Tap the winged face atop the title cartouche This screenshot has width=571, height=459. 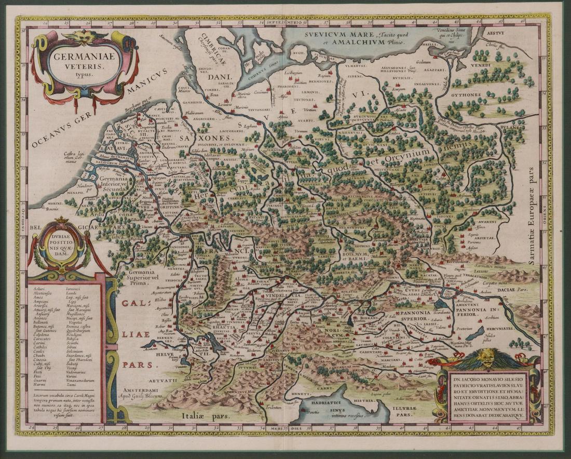[84, 36]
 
